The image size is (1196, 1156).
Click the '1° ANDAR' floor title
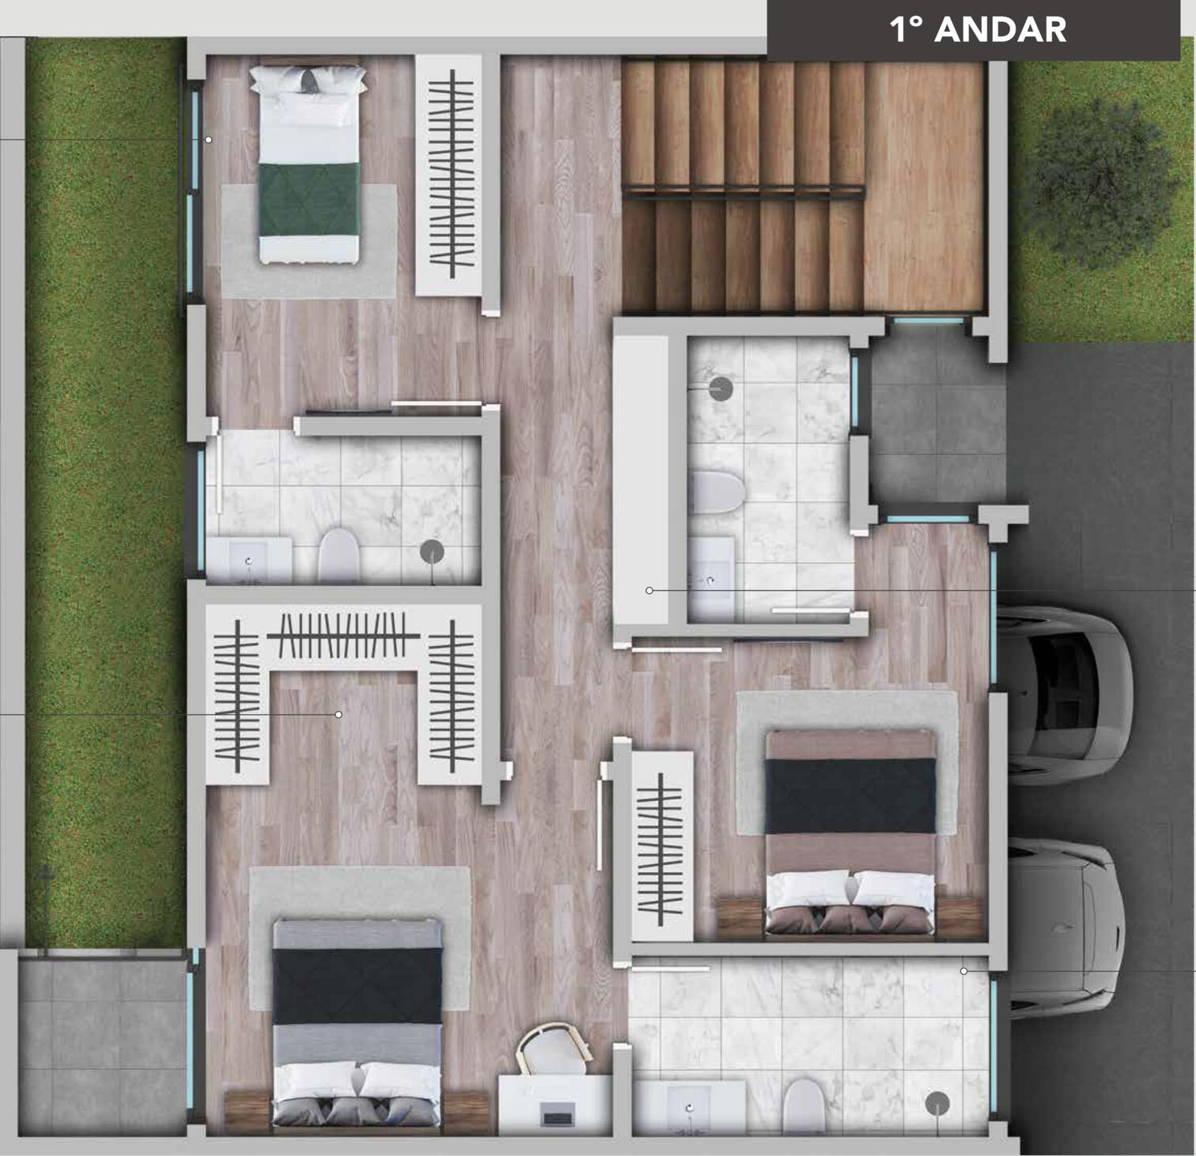pyautogui.click(x=978, y=30)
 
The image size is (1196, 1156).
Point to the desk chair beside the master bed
pyautogui.click(x=553, y=1048)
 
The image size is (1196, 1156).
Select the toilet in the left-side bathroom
pyautogui.click(x=339, y=553)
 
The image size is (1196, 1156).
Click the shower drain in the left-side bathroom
pyautogui.click(x=432, y=551)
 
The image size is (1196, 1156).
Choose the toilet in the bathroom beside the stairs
pyautogui.click(x=717, y=492)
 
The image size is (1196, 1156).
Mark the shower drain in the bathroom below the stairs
pyautogui.click(x=720, y=388)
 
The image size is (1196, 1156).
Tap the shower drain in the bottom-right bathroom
pyautogui.click(x=937, y=1102)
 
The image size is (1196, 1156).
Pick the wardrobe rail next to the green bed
pyautogui.click(x=452, y=175)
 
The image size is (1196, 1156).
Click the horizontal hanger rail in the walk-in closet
pyautogui.click(x=343, y=635)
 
